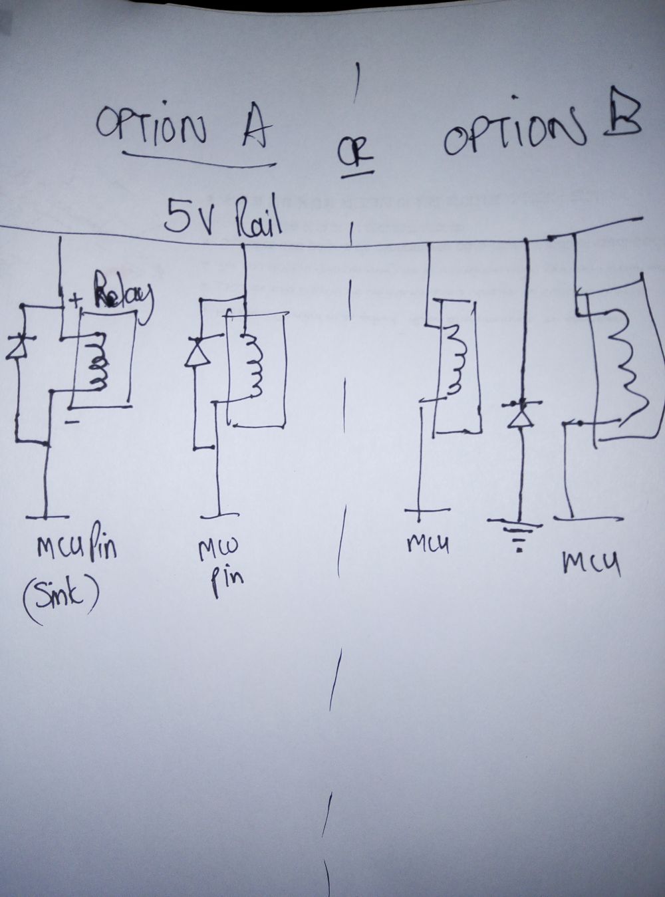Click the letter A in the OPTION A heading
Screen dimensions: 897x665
[x=251, y=130]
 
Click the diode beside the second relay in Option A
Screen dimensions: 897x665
[x=198, y=352]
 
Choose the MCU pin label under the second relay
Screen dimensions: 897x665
[x=223, y=562]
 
